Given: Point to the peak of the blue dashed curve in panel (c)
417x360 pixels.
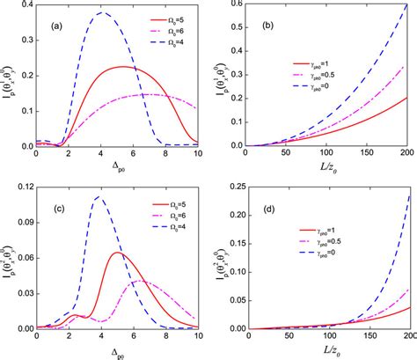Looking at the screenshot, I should coord(99,197).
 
